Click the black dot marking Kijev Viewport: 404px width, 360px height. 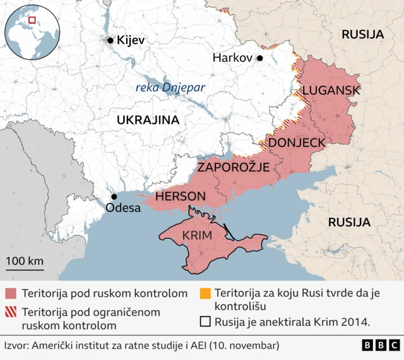pos(110,40)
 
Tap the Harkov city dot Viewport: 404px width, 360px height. pos(259,58)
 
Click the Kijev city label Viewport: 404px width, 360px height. pos(131,40)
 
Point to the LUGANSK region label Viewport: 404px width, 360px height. pos(331,90)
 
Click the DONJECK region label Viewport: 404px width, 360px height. pos(297,143)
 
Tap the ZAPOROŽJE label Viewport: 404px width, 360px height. pos(234,167)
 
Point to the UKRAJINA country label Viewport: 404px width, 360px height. pos(147,120)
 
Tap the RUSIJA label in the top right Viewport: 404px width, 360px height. pos(362,34)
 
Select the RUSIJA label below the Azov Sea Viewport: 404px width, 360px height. pos(348,222)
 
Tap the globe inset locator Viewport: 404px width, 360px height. pos(32,31)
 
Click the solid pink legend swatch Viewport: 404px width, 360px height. pos(10,294)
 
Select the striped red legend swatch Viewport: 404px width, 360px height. pos(10,312)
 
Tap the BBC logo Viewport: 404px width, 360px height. pos(381,345)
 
